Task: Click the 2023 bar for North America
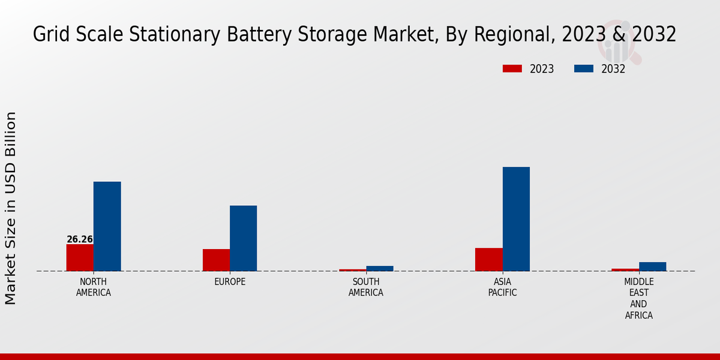80,257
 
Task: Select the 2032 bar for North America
107,226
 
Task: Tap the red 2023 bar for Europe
216,260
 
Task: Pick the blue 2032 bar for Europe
243,238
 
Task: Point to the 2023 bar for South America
352,270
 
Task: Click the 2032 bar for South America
379,268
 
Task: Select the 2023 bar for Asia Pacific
488,259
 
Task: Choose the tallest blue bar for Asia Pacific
516,219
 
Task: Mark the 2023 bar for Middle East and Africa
625,269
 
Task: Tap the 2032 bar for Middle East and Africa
652,266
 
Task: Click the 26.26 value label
80,239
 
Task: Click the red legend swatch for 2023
512,69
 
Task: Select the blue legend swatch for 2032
583,69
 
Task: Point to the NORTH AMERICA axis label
93,287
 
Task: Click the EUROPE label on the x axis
230,282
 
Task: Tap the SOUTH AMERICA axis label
366,287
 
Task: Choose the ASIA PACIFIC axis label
502,287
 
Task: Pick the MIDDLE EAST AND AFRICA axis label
638,298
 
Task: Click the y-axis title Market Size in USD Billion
11,208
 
